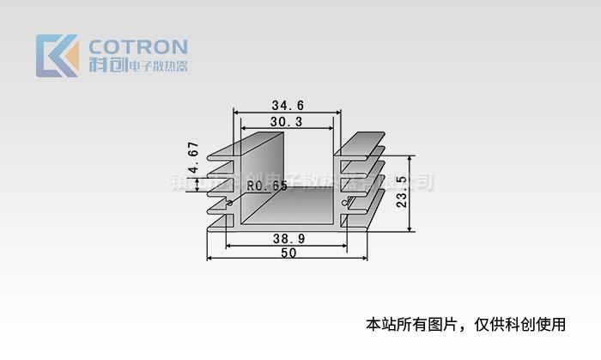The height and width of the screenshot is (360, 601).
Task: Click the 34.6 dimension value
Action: [288, 106]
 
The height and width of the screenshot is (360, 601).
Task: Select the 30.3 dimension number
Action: [286, 122]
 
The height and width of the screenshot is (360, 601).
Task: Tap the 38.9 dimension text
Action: [287, 236]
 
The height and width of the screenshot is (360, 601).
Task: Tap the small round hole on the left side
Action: [230, 204]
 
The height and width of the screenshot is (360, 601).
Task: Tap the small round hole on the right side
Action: [345, 204]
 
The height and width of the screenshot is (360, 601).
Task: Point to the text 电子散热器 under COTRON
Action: [157, 66]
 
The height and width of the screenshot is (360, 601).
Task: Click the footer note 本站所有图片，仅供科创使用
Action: [466, 324]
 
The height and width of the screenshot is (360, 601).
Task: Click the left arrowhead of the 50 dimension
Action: [209, 257]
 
